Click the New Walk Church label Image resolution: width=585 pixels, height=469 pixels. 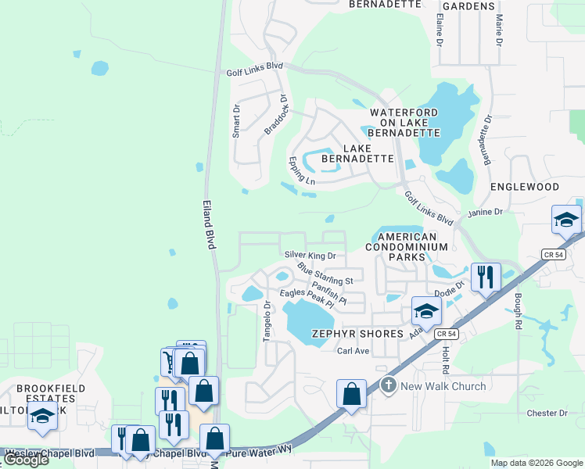[x=443, y=386]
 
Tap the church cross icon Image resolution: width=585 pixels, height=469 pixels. [x=389, y=385]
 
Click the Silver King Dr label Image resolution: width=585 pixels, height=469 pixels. [x=310, y=255]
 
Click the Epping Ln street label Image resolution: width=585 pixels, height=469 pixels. [x=301, y=172]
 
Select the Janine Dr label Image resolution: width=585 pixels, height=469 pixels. [x=485, y=212]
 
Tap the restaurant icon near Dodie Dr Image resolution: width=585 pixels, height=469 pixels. [x=485, y=277]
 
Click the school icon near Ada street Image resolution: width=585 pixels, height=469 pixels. [x=426, y=311]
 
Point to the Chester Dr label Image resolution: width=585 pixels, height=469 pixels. [x=547, y=413]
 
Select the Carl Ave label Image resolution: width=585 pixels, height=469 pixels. [x=353, y=351]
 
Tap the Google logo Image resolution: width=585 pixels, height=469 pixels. [x=26, y=460]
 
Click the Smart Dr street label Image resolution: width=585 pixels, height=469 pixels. [x=236, y=121]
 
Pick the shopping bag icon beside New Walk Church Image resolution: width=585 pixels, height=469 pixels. [x=351, y=394]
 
